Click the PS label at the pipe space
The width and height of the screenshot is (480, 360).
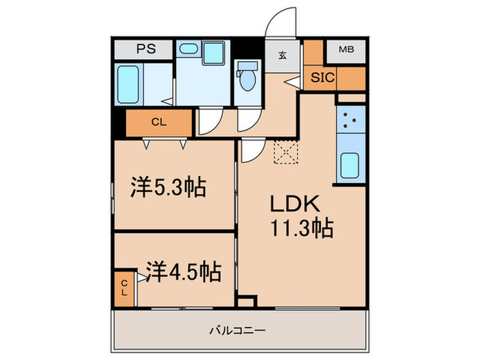coord(144,49)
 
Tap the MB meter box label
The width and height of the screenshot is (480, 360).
coord(347,49)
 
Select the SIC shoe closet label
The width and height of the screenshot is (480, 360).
coord(322,77)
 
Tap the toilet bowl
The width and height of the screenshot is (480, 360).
coord(248,81)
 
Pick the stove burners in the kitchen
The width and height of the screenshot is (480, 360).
coord(350,121)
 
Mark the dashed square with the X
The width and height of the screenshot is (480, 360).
coord(284,153)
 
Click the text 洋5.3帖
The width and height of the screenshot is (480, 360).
coord(168,187)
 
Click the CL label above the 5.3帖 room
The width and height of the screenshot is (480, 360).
coord(159,123)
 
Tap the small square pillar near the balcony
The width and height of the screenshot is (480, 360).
coord(245,302)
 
